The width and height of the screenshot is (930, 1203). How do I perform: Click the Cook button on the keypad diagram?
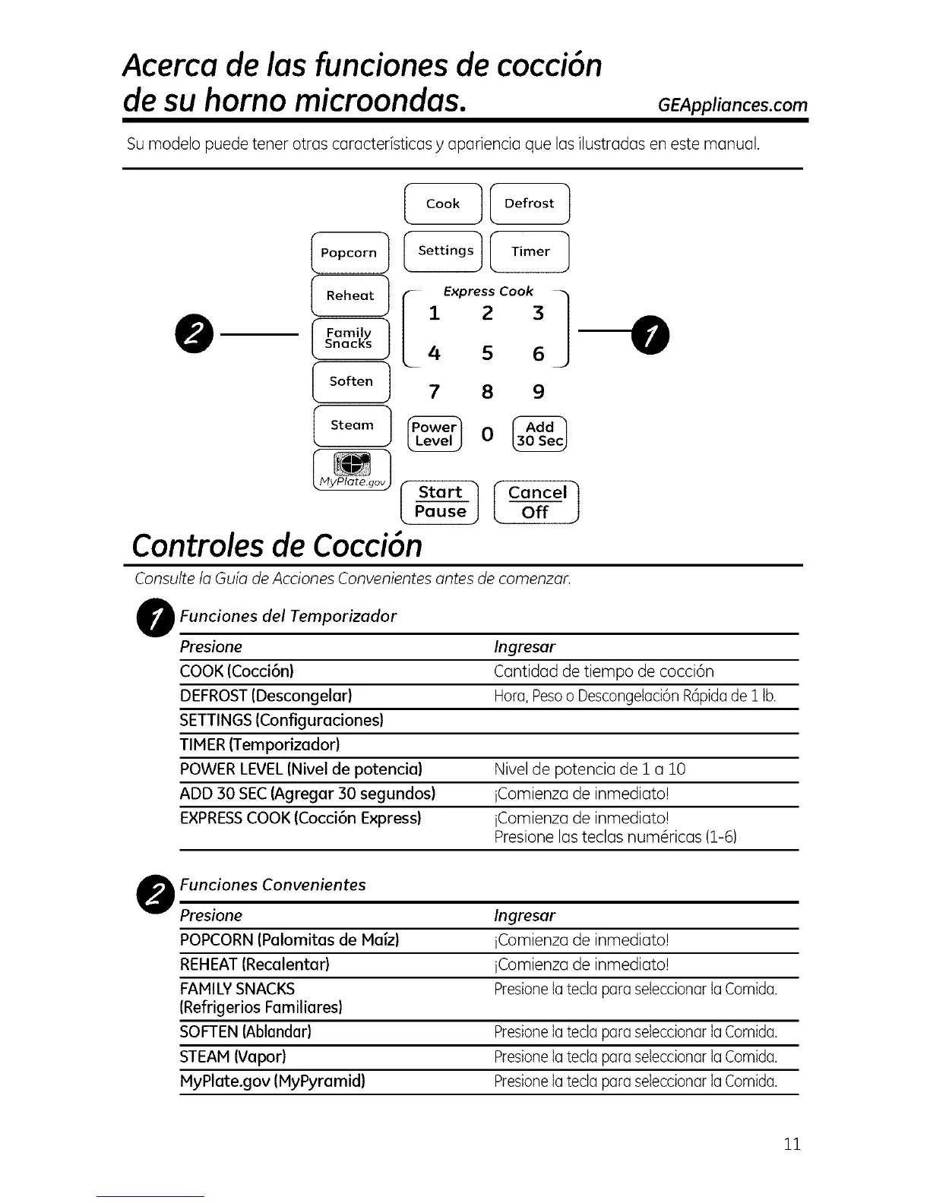(443, 204)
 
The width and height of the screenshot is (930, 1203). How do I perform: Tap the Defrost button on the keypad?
(530, 204)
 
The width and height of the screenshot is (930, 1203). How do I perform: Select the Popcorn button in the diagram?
(350, 253)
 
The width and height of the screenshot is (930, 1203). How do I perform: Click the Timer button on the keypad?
(530, 251)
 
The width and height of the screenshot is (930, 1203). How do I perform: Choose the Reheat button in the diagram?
(350, 295)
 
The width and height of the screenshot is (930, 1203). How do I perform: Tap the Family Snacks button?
(350, 339)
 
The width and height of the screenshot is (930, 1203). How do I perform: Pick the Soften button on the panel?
(351, 381)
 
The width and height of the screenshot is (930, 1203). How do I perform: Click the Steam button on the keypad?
(352, 425)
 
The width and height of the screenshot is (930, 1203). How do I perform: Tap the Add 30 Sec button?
(539, 434)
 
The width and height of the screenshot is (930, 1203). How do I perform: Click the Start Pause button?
(441, 502)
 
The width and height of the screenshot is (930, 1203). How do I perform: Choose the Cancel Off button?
(536, 503)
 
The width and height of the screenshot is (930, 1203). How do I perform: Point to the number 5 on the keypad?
(487, 353)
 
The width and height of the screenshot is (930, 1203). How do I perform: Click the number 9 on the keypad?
(539, 392)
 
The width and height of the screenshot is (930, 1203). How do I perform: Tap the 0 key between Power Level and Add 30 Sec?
(487, 434)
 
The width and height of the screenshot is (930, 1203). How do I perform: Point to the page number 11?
(792, 1144)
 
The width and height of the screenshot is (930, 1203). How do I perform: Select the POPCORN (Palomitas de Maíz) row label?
(289, 940)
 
